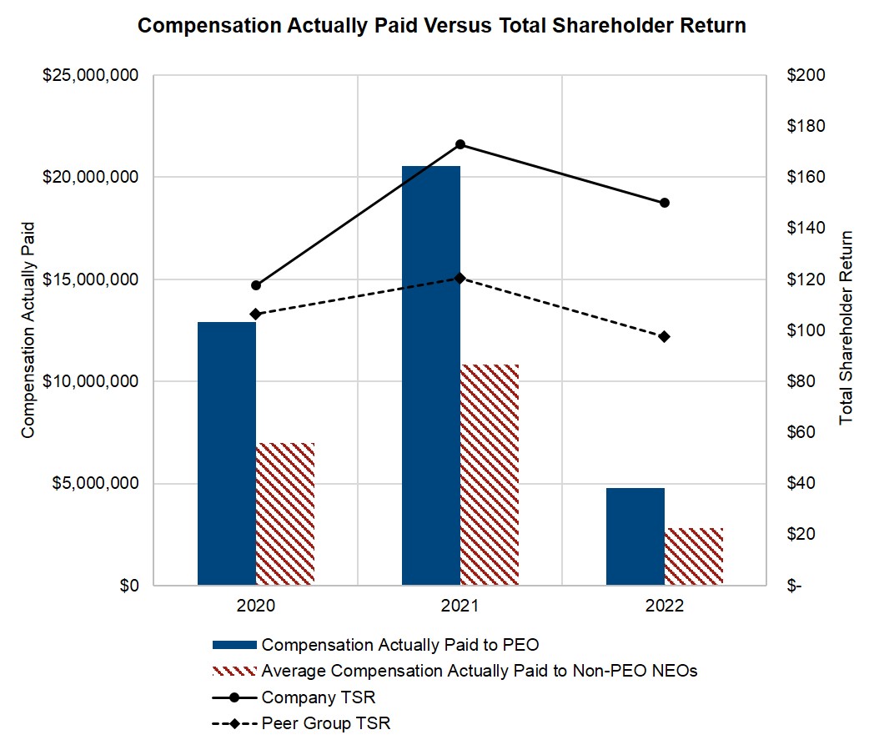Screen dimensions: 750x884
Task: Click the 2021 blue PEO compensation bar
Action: pos(431,375)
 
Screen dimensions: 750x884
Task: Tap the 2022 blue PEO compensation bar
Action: pos(635,536)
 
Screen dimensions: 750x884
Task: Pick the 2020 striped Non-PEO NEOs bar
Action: pos(285,514)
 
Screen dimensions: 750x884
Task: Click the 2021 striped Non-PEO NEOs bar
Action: pos(490,475)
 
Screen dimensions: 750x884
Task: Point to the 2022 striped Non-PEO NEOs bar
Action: pos(694,556)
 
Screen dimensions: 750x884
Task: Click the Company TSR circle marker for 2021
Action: pos(460,144)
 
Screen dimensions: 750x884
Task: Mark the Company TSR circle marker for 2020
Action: pos(256,285)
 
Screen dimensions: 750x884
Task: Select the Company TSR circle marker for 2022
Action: pos(665,203)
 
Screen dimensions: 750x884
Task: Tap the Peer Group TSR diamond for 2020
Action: pos(256,314)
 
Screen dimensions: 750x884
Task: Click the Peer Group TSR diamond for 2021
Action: pos(460,278)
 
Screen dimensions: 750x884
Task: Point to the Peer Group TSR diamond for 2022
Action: pos(665,336)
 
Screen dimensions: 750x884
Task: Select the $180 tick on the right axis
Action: pos(806,127)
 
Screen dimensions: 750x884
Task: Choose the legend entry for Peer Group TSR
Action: pos(325,723)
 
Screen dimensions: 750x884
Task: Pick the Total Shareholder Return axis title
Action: pos(846,327)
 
